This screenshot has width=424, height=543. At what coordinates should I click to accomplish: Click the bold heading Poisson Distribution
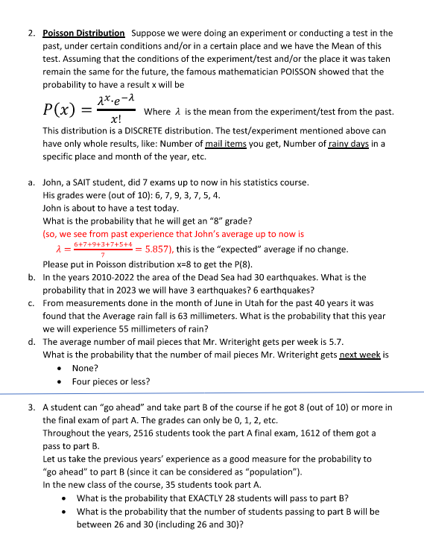click(x=83, y=34)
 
